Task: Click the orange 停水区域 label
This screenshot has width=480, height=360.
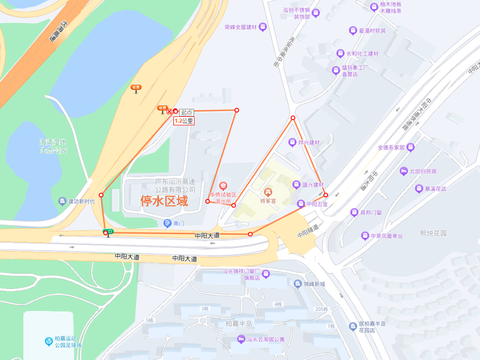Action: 164,201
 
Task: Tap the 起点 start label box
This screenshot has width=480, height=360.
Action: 187,112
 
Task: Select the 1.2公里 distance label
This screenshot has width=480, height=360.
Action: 184,121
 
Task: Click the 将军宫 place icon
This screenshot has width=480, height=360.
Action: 268,191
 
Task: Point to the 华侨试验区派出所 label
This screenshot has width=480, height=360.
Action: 223,198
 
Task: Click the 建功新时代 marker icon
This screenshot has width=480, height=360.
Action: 62,201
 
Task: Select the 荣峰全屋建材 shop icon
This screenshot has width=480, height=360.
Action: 262,27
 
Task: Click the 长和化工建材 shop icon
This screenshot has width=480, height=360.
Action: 340,53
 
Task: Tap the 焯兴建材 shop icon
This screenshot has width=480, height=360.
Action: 292,142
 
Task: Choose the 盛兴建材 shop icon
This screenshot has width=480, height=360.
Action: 297,185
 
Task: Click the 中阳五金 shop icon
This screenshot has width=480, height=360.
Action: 301,204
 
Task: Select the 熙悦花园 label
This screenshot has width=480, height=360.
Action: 433,233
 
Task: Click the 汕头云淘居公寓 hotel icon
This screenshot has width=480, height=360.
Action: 241,339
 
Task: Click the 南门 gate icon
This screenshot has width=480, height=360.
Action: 168,223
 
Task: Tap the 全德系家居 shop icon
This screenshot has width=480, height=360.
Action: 410,147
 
